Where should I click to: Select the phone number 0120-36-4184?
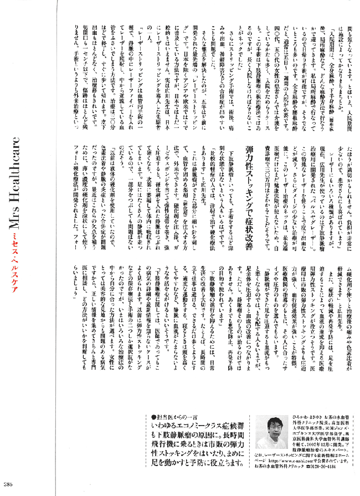tap(323, 474)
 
